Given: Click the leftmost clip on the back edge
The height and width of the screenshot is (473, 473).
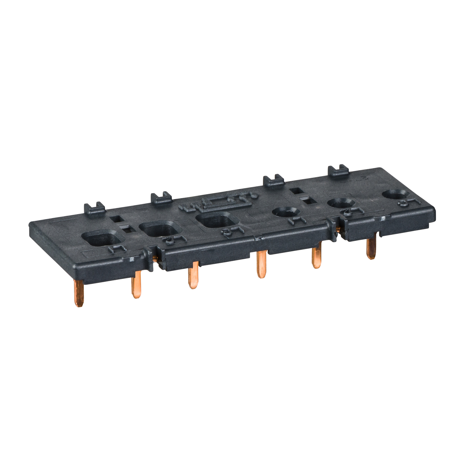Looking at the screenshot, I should click(x=94, y=208).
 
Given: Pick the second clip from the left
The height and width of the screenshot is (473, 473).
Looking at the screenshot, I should click(x=161, y=197).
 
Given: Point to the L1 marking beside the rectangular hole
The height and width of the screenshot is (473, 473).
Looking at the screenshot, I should click(x=117, y=248).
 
